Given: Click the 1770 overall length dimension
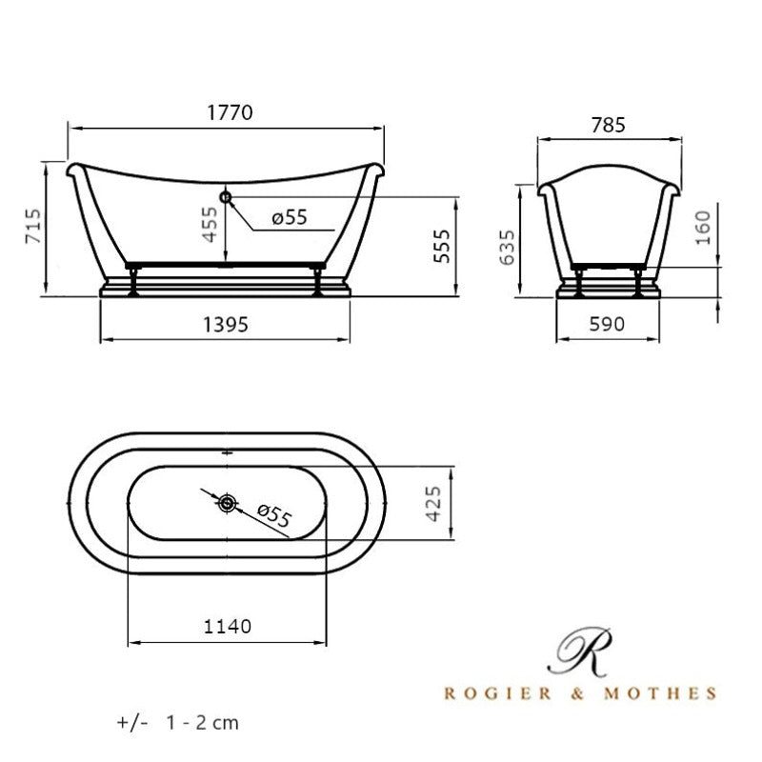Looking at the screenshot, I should coord(229,112).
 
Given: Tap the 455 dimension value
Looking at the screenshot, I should coord(210,225).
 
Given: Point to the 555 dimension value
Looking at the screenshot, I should coord(439,248).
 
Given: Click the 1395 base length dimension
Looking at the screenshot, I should coord(226,325).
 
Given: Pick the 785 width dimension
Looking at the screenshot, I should coord(608,125).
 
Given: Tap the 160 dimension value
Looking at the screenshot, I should coord(703,229).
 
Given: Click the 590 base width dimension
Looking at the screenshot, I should coord(607,325).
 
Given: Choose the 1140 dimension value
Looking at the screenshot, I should coord(227,626).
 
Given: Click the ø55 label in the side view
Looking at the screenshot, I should coord(289,218).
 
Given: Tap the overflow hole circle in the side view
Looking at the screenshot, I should coord(226,196).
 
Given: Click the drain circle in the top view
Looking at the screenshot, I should coord(227,503).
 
